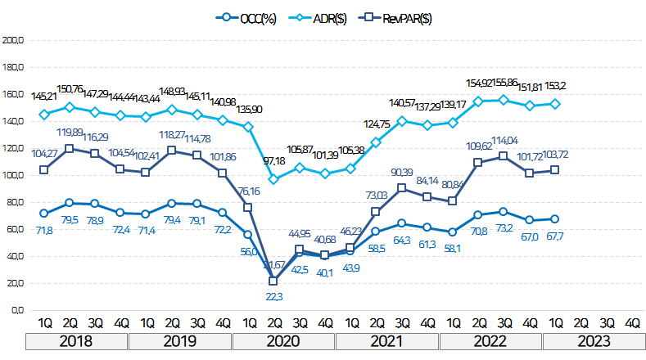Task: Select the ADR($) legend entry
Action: click(x=328, y=18)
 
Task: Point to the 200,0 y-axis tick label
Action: click(x=14, y=39)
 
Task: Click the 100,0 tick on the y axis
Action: click(x=14, y=175)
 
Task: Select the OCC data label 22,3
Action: click(x=273, y=296)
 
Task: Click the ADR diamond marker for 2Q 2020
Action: click(x=273, y=178)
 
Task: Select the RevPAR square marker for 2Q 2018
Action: click(x=70, y=148)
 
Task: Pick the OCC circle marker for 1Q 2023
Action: click(x=555, y=218)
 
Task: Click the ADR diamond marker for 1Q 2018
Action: click(x=44, y=114)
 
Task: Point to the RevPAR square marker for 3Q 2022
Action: click(x=504, y=155)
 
